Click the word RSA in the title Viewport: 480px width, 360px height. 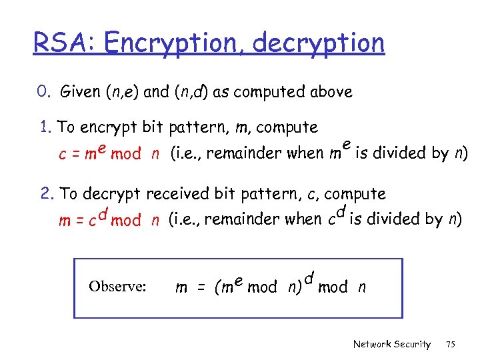[59, 43]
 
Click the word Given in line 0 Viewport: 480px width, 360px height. [80, 92]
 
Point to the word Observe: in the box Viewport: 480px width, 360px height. [117, 287]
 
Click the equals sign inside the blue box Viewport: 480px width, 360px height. [200, 287]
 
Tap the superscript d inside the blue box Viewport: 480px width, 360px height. [308, 276]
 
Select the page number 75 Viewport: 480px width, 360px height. [451, 344]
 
